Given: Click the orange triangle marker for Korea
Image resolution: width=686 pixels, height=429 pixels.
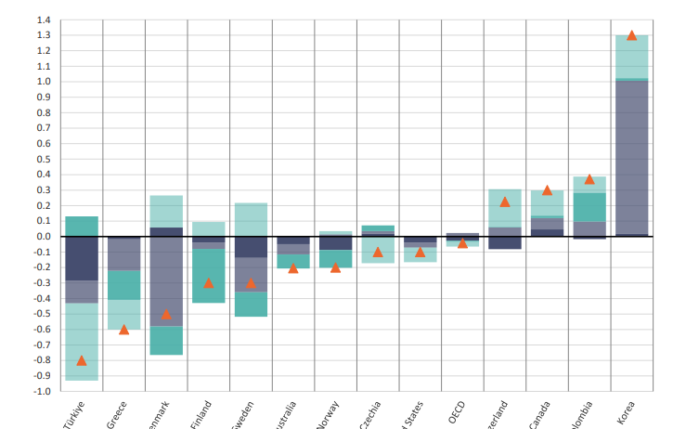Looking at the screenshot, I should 631,35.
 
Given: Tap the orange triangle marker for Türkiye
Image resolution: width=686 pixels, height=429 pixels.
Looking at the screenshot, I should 82,360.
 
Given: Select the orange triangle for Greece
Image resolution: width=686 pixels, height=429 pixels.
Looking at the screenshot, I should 123,330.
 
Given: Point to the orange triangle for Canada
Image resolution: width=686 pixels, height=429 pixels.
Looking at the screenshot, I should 547,190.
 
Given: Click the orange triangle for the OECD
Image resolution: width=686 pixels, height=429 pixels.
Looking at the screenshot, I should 462,243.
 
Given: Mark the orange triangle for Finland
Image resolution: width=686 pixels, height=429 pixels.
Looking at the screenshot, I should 208,282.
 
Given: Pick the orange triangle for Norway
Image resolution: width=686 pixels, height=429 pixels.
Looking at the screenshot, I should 335,267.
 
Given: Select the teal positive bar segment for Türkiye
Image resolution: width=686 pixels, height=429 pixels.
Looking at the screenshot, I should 82,226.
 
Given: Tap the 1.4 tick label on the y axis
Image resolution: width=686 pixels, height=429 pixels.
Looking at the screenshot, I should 44,19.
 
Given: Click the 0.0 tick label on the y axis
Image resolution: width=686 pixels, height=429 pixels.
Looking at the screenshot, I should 44,237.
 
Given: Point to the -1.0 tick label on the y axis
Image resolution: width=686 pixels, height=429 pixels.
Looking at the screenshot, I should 42,391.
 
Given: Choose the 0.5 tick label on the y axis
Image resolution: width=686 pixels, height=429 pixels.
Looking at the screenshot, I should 44,159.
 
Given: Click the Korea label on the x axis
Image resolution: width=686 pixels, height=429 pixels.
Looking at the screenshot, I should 627,412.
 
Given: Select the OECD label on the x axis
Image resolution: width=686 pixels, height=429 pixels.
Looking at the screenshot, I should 457,412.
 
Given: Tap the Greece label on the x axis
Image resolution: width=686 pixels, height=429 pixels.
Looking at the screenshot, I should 117,413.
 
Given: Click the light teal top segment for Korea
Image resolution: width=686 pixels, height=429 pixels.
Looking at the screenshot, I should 631,57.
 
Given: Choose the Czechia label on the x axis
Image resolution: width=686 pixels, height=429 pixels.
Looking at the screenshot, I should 370,414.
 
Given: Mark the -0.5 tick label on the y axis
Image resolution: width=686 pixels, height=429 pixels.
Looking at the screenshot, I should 42,314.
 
